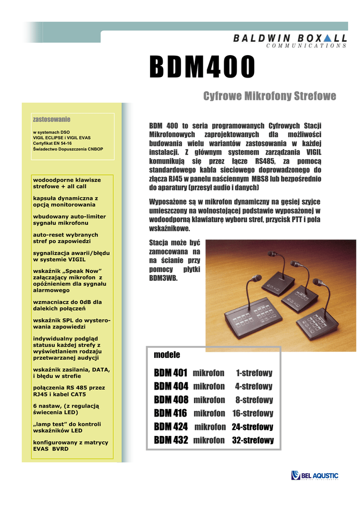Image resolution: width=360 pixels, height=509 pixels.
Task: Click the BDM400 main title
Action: click(203, 67)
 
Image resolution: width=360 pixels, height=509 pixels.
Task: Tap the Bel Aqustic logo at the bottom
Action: click(315, 476)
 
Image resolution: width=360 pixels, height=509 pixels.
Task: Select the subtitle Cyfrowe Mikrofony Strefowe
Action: click(270, 96)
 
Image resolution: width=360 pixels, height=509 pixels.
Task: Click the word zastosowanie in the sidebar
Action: click(51, 119)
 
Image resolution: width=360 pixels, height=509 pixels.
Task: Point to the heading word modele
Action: click(167, 355)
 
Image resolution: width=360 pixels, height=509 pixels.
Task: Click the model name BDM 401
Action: click(171, 373)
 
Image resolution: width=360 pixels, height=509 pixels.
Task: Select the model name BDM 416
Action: click(171, 413)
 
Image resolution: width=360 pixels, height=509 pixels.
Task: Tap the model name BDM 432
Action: click(171, 440)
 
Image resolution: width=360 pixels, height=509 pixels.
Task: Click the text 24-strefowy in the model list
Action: click(253, 426)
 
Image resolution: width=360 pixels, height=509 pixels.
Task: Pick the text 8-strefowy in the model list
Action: click(254, 400)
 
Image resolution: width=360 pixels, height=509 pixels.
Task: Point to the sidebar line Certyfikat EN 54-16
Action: click(52, 143)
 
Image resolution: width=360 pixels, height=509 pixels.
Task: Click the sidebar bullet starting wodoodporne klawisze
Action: click(67, 183)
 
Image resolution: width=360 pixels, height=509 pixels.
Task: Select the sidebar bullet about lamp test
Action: click(67, 427)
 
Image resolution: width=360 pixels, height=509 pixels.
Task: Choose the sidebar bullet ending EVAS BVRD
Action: click(70, 445)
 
